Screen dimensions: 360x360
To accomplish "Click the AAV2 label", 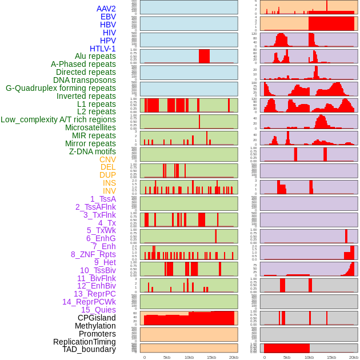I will pyautogui.click(x=106, y=9).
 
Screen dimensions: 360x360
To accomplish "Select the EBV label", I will pyautogui.click(x=108, y=17).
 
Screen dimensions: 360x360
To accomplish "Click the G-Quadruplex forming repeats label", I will pyautogui.click(x=61, y=88).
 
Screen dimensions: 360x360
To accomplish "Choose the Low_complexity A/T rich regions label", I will pyautogui.click(x=58, y=119).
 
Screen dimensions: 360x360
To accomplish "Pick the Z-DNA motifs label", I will pyautogui.click(x=93, y=151).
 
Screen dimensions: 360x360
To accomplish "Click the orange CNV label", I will pyautogui.click(x=107, y=159).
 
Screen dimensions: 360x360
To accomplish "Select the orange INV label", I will pyautogui.click(x=109, y=191).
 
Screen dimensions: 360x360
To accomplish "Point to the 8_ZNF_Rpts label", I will pyautogui.click(x=93, y=254).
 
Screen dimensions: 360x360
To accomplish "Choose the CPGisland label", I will pyautogui.click(x=97, y=318).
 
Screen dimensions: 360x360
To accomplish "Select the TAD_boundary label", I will pyautogui.click(x=89, y=349).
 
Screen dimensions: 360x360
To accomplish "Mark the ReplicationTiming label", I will pyautogui.click(x=85, y=342).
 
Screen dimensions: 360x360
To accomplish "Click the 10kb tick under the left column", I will pyautogui.click(x=189, y=357).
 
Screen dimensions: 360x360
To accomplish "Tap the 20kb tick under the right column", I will pyautogui.click(x=354, y=357).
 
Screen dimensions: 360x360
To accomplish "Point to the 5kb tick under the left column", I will pyautogui.click(x=167, y=357).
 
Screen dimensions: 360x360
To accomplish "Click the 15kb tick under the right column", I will pyautogui.click(x=331, y=357).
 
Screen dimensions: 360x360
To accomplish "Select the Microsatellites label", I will pyautogui.click(x=90, y=127).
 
